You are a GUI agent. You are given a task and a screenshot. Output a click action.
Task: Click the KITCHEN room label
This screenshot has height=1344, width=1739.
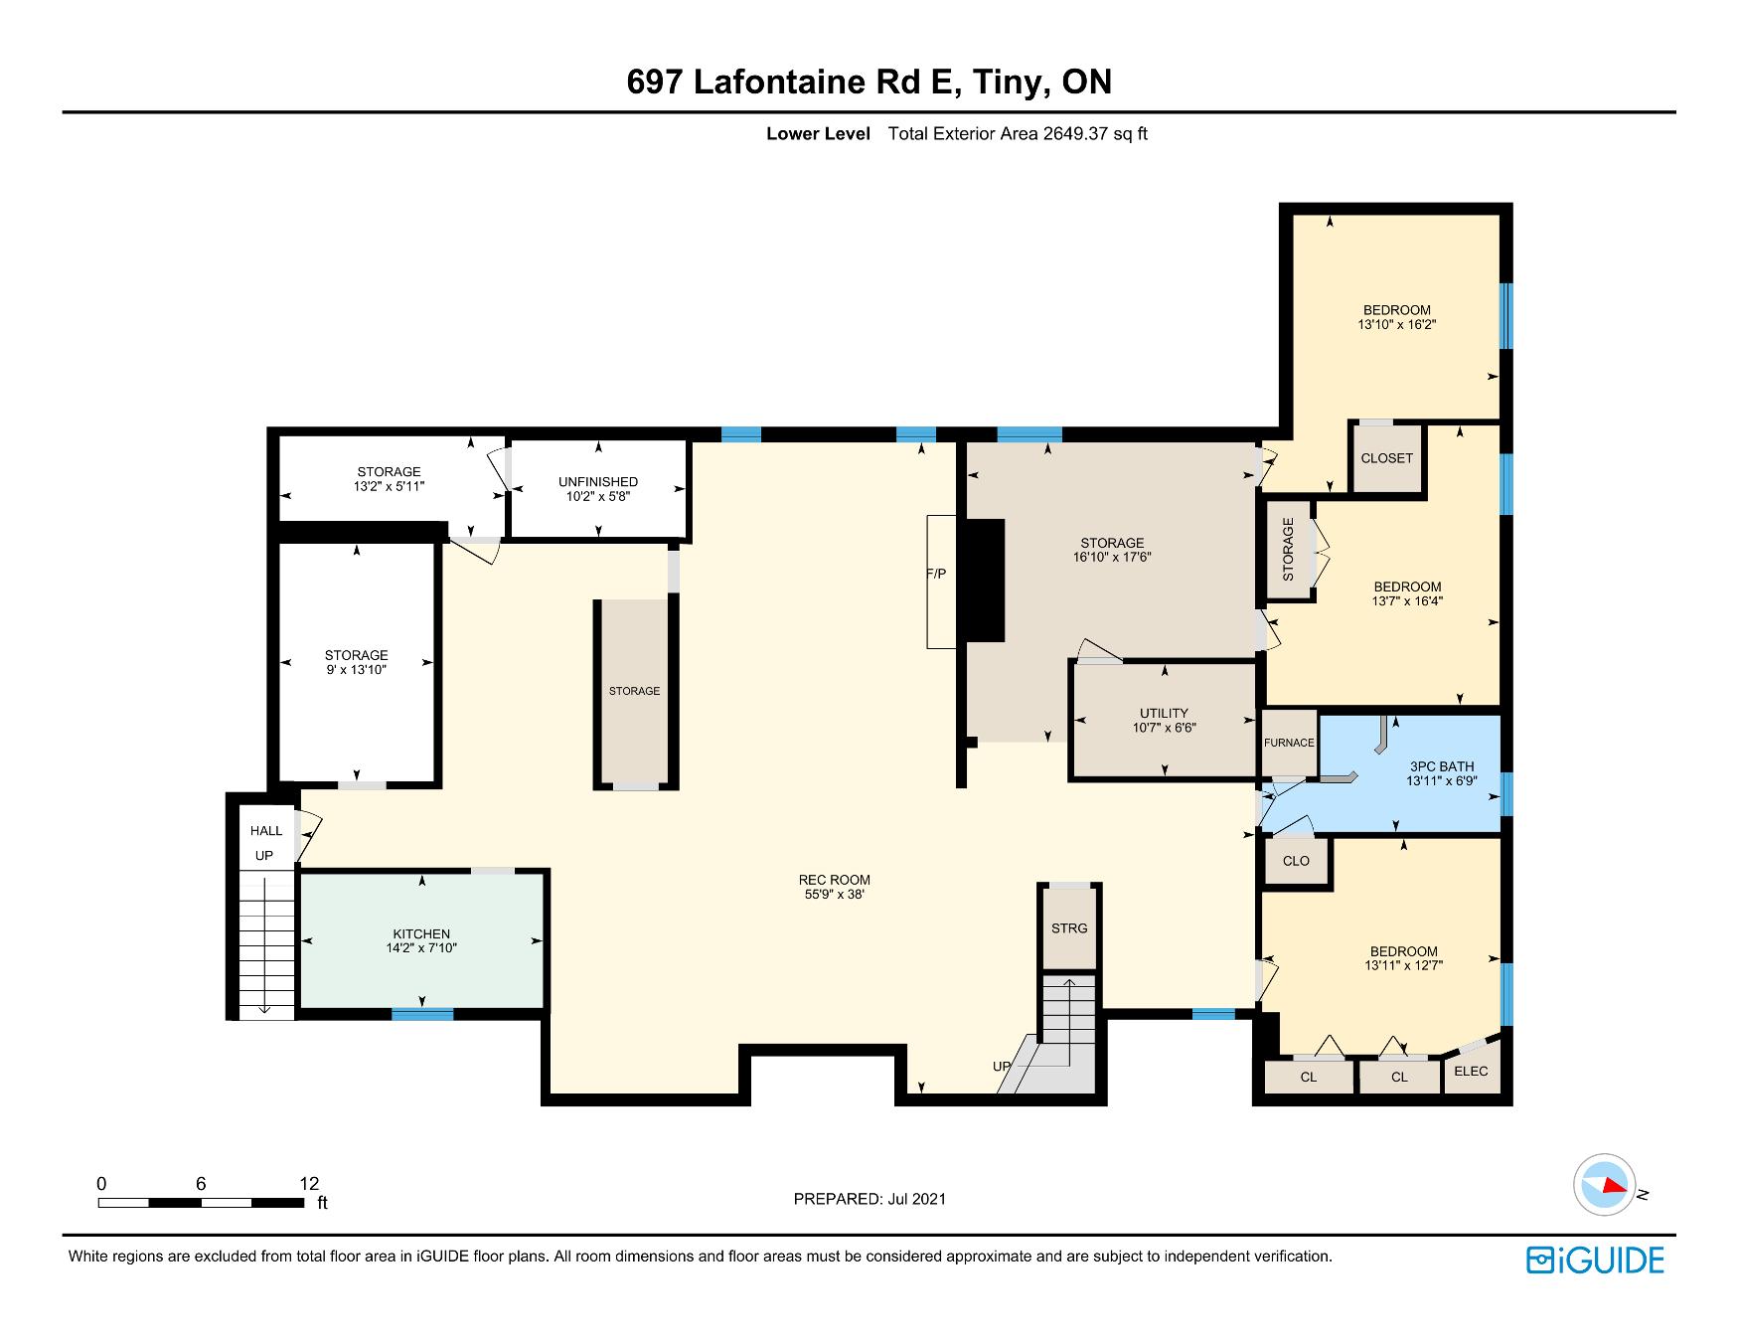tap(421, 934)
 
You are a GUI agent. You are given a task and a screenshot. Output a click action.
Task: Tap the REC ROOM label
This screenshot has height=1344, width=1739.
tap(834, 880)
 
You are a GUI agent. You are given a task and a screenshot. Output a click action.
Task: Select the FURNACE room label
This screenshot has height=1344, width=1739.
tap(1289, 743)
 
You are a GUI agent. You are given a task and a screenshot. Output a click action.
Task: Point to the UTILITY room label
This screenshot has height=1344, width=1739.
tap(1164, 713)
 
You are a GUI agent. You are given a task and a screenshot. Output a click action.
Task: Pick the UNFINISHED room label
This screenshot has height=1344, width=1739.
tap(598, 482)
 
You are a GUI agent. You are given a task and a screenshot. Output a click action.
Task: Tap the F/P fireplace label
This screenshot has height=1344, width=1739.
tap(937, 574)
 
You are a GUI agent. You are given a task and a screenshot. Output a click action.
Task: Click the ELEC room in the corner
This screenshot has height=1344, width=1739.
tap(1471, 1071)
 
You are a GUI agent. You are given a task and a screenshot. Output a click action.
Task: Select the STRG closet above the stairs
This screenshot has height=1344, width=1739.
tap(1069, 928)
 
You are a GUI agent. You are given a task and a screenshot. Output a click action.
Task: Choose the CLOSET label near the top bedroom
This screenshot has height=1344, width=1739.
tap(1386, 458)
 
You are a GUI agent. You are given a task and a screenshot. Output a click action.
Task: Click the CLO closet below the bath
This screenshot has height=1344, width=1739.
tap(1296, 861)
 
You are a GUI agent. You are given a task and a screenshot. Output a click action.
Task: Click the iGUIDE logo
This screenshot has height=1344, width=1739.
tap(1595, 1260)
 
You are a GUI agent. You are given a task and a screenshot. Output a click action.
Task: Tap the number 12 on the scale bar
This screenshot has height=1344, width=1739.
tap(309, 1184)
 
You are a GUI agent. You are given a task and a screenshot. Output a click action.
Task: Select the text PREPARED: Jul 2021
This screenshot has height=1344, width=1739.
tap(869, 1199)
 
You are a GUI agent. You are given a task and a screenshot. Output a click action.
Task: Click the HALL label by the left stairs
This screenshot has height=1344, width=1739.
tap(266, 831)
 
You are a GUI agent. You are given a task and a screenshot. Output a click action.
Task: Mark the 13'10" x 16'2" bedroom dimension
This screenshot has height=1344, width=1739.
tap(1396, 324)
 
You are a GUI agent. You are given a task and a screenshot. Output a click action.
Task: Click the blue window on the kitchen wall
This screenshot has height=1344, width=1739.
tap(422, 1014)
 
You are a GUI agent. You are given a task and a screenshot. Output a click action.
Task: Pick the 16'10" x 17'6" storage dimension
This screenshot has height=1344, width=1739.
tap(1112, 558)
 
